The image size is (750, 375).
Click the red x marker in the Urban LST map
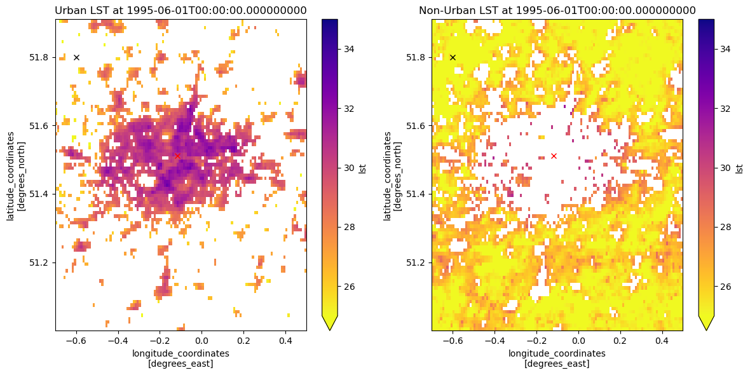(x=177, y=156)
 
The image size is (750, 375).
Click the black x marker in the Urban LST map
(x=76, y=57)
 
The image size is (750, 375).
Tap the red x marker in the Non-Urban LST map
(x=554, y=156)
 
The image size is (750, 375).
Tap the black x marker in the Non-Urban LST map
(x=453, y=57)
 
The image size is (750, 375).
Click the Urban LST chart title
(x=181, y=10)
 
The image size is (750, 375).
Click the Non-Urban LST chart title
(x=557, y=10)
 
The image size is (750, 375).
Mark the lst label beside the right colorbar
(x=739, y=168)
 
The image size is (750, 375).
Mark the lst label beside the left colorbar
(x=363, y=168)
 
